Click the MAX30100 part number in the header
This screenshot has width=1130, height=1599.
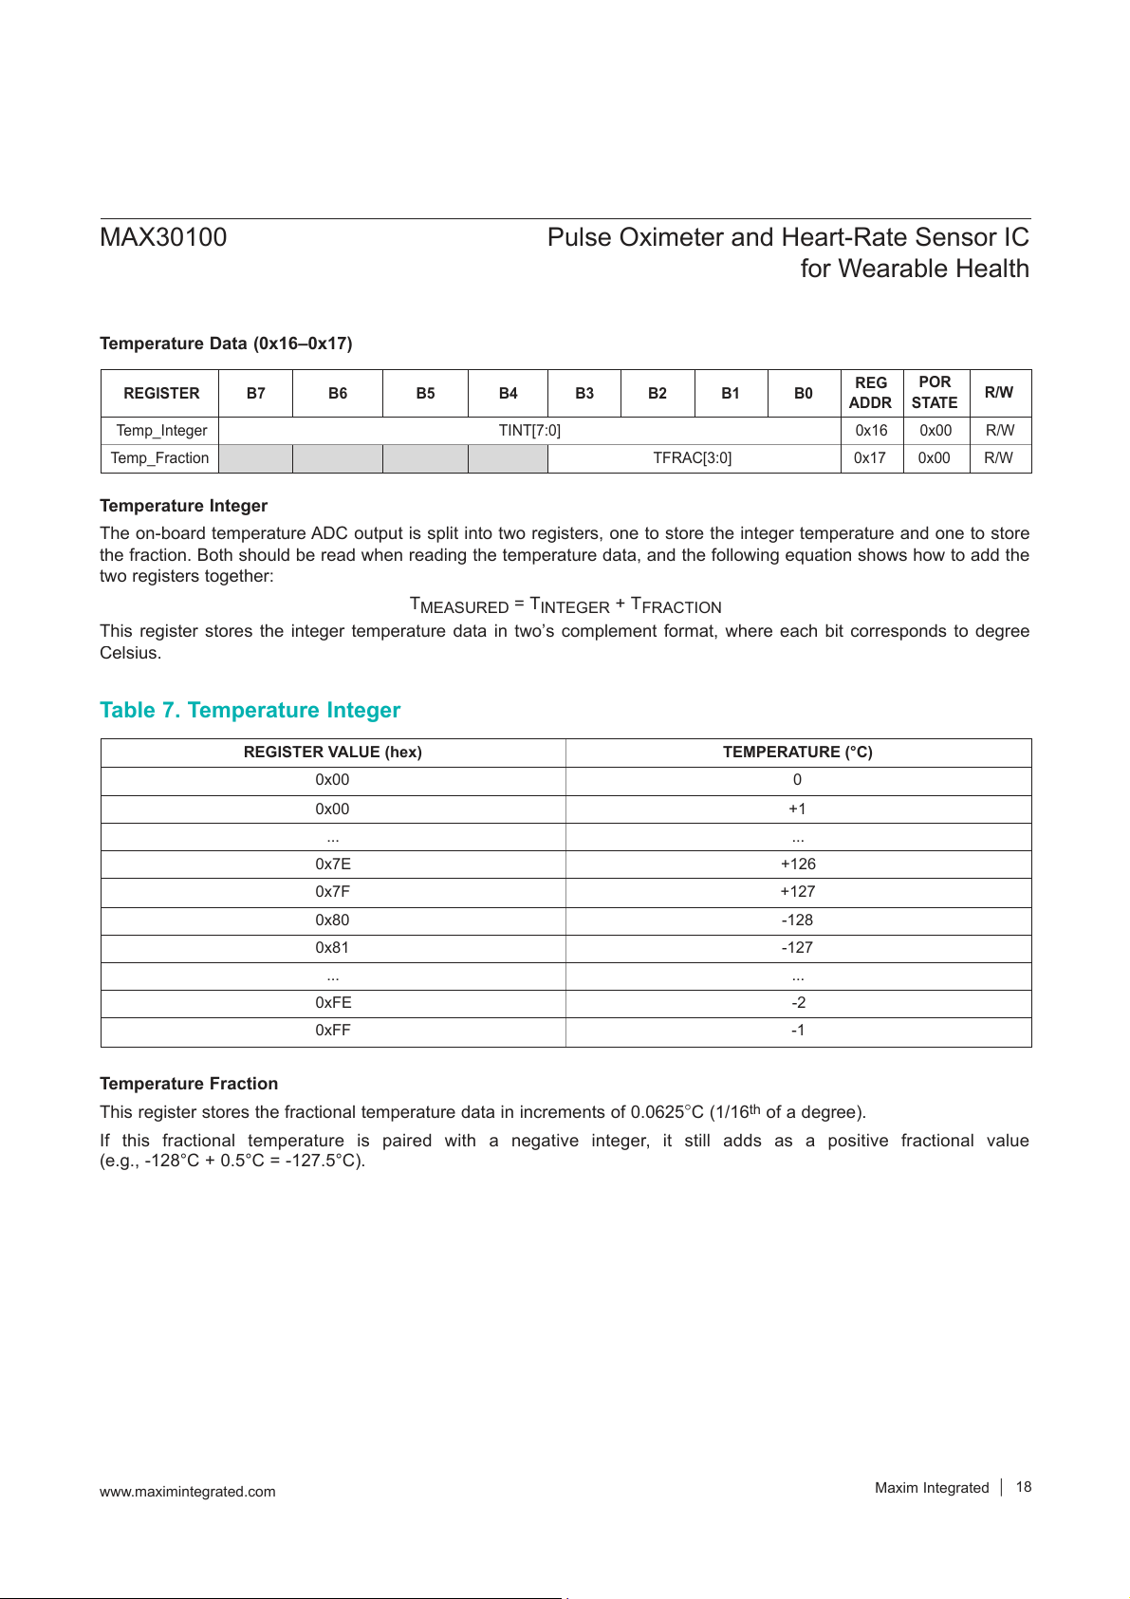coord(163,237)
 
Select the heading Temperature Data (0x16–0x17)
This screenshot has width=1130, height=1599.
coord(226,344)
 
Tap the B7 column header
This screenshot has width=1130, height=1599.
coord(256,393)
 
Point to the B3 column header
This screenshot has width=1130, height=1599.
coord(584,393)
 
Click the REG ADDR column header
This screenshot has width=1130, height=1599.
coord(870,393)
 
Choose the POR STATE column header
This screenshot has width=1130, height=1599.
coord(935,393)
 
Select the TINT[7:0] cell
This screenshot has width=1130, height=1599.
coord(529,431)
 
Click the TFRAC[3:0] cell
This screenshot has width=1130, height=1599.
coord(693,458)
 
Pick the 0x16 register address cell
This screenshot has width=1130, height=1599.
coord(871,431)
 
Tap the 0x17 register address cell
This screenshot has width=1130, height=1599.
coord(870,458)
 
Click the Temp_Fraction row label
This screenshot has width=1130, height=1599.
coord(159,458)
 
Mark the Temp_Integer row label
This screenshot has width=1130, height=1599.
coord(161,431)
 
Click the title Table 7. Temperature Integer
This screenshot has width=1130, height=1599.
coord(250,711)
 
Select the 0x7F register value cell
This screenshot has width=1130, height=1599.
coord(333,892)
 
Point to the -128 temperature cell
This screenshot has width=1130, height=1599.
coord(797,920)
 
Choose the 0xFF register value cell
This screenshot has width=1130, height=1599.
coord(333,1031)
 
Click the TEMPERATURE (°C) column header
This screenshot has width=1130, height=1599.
coord(797,753)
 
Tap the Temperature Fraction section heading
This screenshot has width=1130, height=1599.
coord(189,1084)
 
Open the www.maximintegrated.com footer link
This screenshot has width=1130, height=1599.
coord(188,1492)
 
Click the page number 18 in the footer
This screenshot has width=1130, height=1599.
coord(1024,1487)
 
